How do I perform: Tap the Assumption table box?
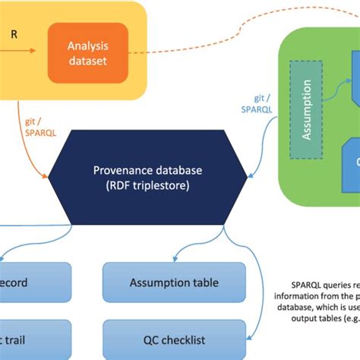pyautogui.click(x=174, y=283)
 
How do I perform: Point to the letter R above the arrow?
pyautogui.click(x=14, y=34)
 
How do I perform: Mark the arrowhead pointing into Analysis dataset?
pyautogui.click(x=33, y=52)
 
